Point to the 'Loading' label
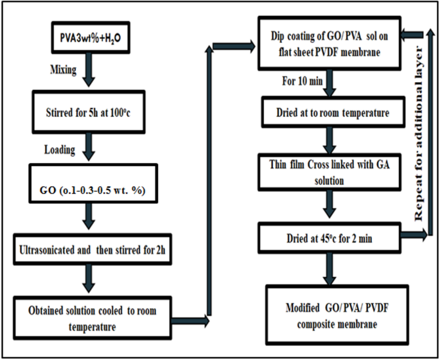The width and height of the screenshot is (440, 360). [60, 150]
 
